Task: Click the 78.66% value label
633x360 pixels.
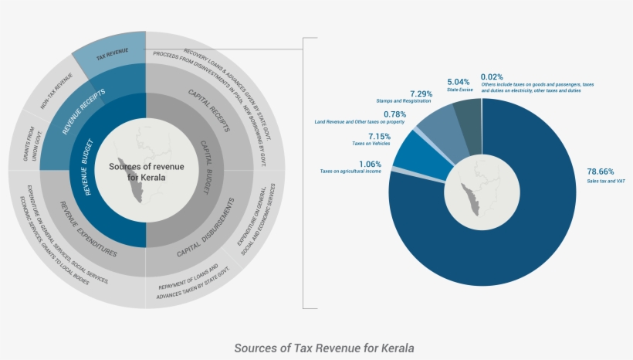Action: coord(600,172)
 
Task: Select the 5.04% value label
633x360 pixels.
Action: coord(459,81)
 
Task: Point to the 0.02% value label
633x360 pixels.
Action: coord(492,76)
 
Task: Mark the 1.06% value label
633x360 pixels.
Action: coord(369,163)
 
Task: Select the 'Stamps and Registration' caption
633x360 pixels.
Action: coord(404,101)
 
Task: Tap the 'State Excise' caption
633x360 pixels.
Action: coord(459,90)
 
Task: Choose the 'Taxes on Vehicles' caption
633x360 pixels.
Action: coord(371,144)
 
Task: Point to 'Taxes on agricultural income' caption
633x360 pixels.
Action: coord(351,172)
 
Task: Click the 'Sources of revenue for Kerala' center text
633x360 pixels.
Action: coord(147,172)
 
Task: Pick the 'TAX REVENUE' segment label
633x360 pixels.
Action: coord(112,56)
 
